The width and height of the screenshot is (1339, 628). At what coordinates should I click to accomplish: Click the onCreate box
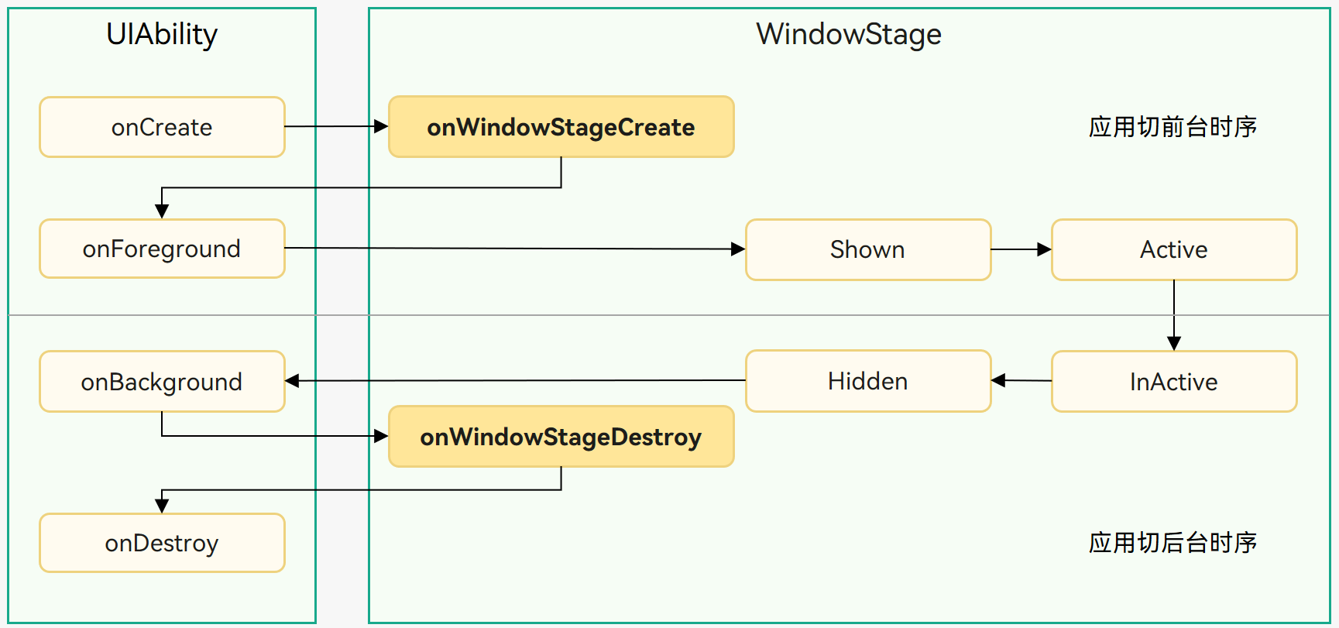click(x=162, y=127)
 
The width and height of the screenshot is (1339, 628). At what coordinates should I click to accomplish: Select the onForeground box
click(x=162, y=249)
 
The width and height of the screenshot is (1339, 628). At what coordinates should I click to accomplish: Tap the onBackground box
click(x=162, y=381)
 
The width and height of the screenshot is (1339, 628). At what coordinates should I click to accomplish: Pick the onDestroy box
click(x=162, y=543)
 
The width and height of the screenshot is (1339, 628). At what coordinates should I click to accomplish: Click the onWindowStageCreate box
click(x=561, y=127)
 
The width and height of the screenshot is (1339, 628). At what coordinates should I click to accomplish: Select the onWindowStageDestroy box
click(x=561, y=437)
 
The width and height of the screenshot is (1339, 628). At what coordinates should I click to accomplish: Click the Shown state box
click(x=867, y=249)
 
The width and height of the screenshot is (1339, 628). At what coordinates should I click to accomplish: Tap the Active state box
click(x=1173, y=249)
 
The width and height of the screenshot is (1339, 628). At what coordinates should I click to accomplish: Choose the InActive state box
click(x=1173, y=381)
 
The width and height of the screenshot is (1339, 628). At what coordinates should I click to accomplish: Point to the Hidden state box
click(x=867, y=381)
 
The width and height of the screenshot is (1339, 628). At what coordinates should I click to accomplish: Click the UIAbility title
click(x=162, y=34)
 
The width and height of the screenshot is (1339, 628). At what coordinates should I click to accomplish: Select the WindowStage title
click(x=849, y=34)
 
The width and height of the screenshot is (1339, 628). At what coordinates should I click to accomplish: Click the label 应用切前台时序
click(x=1172, y=126)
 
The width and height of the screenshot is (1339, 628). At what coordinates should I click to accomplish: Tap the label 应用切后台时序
click(x=1172, y=542)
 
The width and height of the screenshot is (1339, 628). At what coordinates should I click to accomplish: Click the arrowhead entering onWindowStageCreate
click(x=380, y=126)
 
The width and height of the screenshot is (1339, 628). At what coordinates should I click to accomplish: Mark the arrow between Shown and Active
click(x=1021, y=249)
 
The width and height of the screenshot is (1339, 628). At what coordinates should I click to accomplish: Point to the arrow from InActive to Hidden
click(x=1021, y=380)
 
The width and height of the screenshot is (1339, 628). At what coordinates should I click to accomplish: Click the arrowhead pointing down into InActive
click(x=1174, y=343)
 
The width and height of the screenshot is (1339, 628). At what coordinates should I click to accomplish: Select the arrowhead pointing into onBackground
click(x=293, y=381)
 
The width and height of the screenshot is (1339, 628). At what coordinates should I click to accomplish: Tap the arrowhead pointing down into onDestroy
click(x=162, y=506)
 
